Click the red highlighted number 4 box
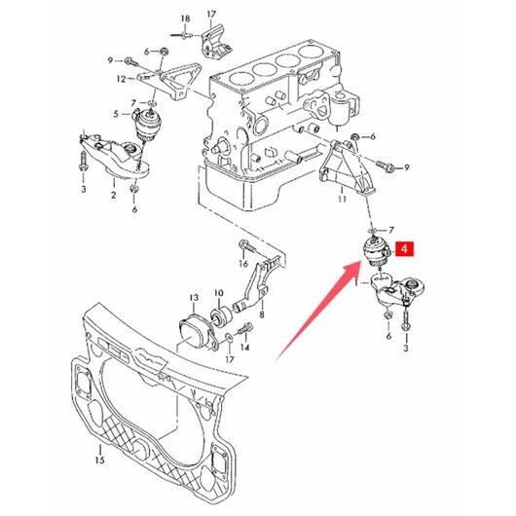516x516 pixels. point(405,249)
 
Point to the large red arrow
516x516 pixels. point(319,309)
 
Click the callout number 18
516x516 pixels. point(185,18)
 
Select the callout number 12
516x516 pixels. point(121,79)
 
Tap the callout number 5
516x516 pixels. point(116,114)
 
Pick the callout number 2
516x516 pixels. point(114,195)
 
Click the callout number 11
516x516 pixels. point(343,199)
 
